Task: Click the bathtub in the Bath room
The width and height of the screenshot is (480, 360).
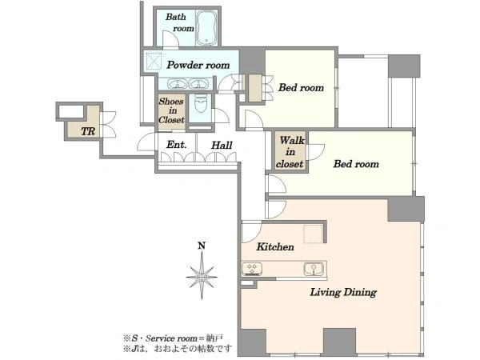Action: [206, 28]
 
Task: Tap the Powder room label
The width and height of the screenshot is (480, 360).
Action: [198, 65]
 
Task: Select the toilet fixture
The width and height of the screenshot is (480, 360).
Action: [201, 104]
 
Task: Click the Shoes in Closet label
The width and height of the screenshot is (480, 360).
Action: [171, 110]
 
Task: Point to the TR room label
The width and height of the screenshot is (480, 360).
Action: [88, 132]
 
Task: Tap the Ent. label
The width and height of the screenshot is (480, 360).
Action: [176, 145]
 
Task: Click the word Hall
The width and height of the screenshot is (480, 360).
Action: [222, 145]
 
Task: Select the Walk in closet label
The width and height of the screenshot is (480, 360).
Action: [290, 152]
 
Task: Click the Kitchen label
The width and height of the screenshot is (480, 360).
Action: [275, 246]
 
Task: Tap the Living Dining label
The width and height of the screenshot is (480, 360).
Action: [343, 292]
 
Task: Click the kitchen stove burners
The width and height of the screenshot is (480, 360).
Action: [252, 269]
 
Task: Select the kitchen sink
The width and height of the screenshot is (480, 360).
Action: [314, 269]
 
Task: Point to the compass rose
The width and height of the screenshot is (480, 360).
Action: [202, 277]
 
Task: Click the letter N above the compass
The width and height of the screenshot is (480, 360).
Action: [202, 246]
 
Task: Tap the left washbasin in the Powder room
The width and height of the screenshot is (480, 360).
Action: [177, 84]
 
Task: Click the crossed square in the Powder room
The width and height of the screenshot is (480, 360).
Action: [154, 61]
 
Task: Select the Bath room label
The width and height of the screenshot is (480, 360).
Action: [180, 22]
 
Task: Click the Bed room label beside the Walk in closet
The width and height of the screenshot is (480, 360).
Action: [356, 164]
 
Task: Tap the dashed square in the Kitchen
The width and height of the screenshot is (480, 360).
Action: [313, 234]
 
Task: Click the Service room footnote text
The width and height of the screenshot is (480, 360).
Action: [174, 338]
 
